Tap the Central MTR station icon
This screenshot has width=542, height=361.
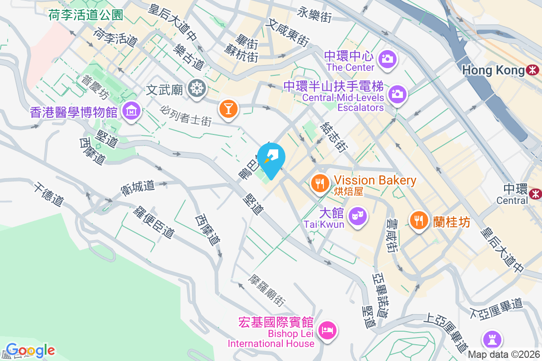tap(536, 193)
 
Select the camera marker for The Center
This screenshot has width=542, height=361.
tap(387, 59)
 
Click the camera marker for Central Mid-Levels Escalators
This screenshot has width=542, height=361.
tap(397, 94)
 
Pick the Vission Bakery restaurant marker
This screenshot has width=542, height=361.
tap(320, 183)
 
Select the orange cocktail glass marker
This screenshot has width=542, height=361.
tap(228, 108)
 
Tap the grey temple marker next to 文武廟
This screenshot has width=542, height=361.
tap(197, 88)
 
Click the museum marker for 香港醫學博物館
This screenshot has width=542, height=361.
tap(131, 110)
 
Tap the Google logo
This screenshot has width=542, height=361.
tap(30, 350)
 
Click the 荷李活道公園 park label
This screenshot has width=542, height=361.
tap(86, 15)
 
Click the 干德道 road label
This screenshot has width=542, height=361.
tap(47, 194)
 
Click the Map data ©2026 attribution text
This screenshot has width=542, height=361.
tap(504, 355)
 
